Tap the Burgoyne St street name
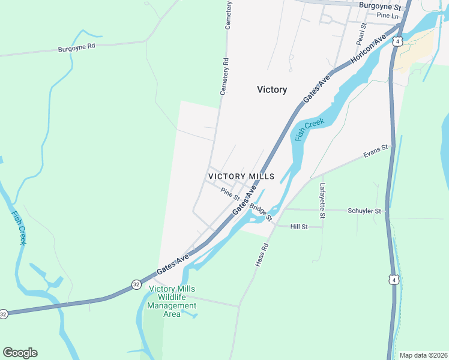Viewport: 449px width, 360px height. (379, 6)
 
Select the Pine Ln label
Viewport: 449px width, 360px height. (387, 16)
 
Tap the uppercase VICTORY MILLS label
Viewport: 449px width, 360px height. (241, 176)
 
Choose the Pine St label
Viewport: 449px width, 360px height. (230, 194)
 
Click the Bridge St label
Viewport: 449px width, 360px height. (261, 211)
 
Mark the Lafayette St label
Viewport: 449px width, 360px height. (322, 200)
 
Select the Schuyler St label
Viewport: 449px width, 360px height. (364, 211)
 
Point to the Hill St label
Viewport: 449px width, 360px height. (298, 227)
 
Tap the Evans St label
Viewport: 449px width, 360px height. (377, 151)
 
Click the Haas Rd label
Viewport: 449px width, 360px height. (262, 254)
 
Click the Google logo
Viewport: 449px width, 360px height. (20, 353)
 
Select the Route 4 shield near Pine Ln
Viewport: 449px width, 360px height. (397, 41)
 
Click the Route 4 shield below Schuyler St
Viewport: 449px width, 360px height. (393, 280)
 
